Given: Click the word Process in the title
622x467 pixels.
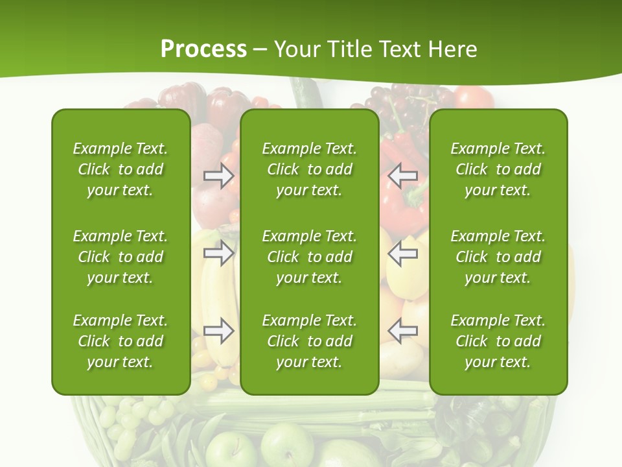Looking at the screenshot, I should pyautogui.click(x=203, y=49).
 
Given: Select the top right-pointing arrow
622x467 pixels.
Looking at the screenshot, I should pyautogui.click(x=219, y=176).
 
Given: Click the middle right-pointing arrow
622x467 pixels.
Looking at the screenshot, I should pyautogui.click(x=219, y=253).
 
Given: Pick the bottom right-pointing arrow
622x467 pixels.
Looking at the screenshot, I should pyautogui.click(x=219, y=331).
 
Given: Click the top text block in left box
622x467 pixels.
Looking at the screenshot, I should pyautogui.click(x=121, y=169).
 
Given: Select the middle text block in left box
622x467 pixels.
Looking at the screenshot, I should pyautogui.click(x=121, y=257).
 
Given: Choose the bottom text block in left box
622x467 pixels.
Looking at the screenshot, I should pyautogui.click(x=121, y=341).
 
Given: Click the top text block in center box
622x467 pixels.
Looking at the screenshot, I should pyautogui.click(x=310, y=169).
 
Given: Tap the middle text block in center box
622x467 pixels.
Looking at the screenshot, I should pyautogui.click(x=310, y=257).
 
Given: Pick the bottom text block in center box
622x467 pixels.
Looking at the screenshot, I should pyautogui.click(x=310, y=341).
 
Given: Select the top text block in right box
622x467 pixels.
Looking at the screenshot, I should pyautogui.click(x=498, y=169).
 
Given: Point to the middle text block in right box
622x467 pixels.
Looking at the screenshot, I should pyautogui.click(x=498, y=257).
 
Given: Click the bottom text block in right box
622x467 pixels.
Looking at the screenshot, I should pyautogui.click(x=498, y=341).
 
